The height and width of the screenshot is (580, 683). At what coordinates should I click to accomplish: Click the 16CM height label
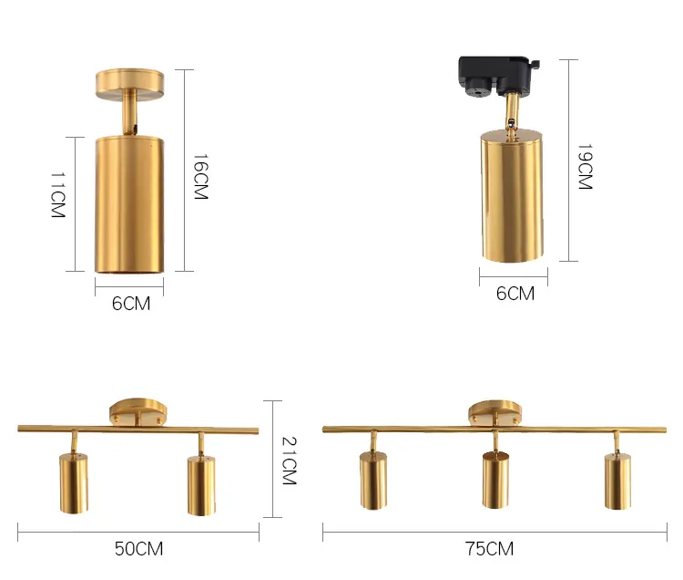tap(201, 177)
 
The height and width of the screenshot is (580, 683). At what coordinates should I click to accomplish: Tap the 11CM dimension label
tap(58, 194)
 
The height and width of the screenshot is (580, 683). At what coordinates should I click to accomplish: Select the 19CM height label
tap(585, 167)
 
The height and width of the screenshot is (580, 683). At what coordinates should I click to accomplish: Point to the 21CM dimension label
tap(290, 461)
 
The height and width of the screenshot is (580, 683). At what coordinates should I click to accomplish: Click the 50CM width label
tap(139, 549)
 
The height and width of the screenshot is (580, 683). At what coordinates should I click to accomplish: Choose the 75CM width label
tap(490, 549)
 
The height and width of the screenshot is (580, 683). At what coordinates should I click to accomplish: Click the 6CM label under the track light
tap(515, 294)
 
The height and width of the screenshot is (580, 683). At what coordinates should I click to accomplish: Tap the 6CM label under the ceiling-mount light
tap(131, 304)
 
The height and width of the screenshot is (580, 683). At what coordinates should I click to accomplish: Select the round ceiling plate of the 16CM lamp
tap(130, 83)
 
